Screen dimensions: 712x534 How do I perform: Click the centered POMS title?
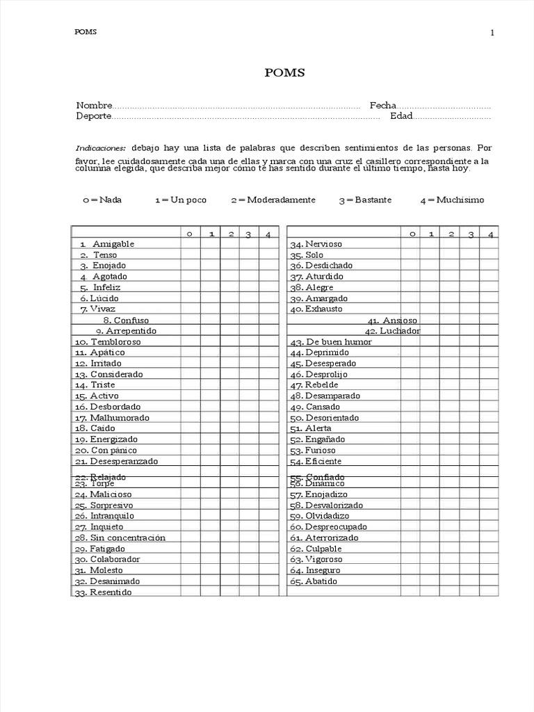[284, 73]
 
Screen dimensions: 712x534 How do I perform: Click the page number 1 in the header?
[492, 33]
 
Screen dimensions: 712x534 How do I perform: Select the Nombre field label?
[94, 106]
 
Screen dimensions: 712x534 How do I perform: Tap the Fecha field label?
[382, 106]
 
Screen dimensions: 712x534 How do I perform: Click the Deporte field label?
[94, 116]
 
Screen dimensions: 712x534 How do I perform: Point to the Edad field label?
[401, 116]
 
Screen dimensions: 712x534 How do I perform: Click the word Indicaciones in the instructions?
[101, 148]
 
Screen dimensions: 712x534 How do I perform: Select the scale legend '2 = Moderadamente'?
[273, 200]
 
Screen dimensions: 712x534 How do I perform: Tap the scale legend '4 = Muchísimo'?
[452, 200]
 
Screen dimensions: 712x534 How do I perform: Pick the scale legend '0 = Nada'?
[102, 200]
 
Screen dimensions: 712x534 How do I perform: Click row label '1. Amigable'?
[107, 244]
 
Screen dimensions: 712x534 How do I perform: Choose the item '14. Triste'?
[95, 385]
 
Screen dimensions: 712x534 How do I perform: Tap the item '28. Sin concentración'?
[119, 537]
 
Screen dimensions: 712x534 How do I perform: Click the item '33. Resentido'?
[102, 592]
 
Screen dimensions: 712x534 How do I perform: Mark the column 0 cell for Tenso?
[190, 255]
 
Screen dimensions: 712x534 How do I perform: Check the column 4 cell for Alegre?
[490, 287]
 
